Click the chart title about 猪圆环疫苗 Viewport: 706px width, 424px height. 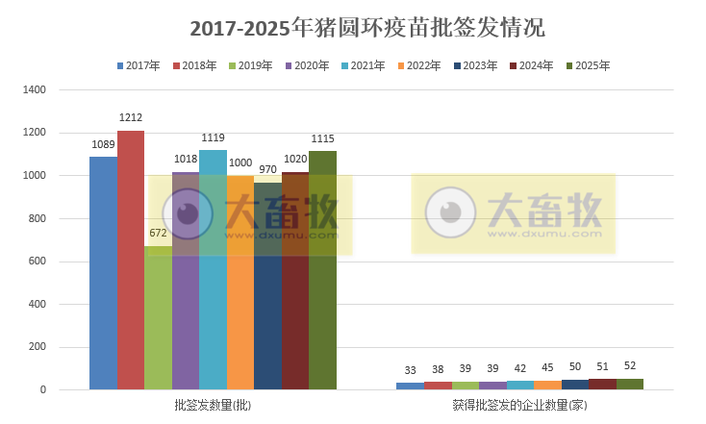pos(352,28)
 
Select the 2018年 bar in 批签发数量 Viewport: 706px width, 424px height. pos(131,260)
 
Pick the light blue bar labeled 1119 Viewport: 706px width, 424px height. pos(213,269)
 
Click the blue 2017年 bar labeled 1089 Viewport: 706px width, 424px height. pos(103,273)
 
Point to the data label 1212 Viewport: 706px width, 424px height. pos(131,117)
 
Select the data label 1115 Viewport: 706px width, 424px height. pos(323,138)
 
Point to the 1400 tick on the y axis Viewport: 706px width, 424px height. pos(35,90)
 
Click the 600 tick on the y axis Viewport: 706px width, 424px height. pos(38,262)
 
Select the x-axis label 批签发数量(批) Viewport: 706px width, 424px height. pos(213,406)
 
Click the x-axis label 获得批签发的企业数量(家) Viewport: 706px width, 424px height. pos(520,406)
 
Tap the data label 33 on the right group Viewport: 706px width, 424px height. pos(410,371)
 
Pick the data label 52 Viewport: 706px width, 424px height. pos(630,365)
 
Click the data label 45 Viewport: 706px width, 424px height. pos(547,366)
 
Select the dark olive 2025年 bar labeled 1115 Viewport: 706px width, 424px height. pos(323,270)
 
